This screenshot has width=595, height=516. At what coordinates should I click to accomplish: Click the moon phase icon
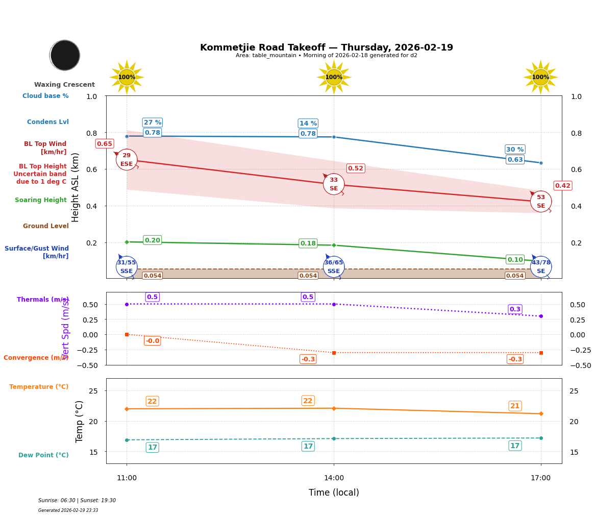click(65, 55)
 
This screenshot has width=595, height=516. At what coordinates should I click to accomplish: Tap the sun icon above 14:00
click(334, 77)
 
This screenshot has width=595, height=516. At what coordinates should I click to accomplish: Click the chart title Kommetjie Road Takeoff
click(326, 47)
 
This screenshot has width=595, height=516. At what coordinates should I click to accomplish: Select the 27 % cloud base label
click(152, 122)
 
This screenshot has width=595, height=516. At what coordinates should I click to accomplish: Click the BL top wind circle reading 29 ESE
click(127, 160)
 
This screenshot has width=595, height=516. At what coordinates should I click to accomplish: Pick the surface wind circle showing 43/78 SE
click(541, 267)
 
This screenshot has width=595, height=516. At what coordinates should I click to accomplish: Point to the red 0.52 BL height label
click(355, 168)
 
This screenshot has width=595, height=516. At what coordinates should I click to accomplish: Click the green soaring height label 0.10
click(515, 260)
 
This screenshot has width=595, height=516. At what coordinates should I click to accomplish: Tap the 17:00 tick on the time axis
click(540, 478)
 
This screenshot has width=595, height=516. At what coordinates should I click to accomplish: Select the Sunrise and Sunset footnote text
click(77, 501)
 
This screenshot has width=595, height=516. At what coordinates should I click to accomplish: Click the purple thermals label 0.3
click(515, 309)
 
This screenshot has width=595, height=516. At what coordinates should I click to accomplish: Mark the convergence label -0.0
click(152, 341)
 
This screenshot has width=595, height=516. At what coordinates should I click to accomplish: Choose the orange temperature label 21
click(515, 406)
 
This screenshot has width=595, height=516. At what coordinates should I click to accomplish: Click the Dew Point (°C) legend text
click(43, 455)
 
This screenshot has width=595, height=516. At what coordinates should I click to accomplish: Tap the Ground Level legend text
click(45, 226)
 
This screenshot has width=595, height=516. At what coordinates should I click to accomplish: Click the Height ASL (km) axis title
click(76, 187)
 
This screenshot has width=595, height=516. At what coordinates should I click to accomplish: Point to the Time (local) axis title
click(334, 493)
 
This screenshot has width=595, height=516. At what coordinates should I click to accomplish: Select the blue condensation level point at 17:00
click(541, 163)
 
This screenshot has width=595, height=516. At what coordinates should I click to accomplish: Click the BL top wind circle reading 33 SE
click(334, 184)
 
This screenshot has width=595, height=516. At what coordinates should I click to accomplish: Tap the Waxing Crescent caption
click(64, 85)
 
